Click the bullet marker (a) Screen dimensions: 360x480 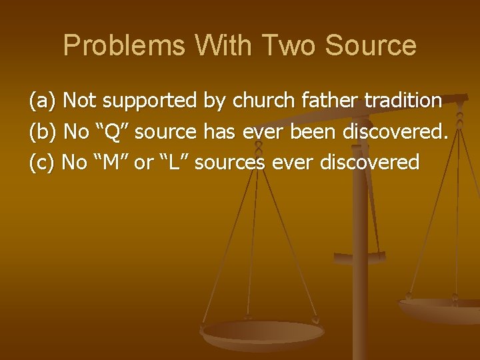point(43,101)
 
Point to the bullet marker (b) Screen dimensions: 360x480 point(43,131)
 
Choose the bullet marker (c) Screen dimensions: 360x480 point(42,162)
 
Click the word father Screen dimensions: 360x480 point(326,101)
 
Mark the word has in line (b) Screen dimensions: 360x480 point(218,131)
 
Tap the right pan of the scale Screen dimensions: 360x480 point(440,308)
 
